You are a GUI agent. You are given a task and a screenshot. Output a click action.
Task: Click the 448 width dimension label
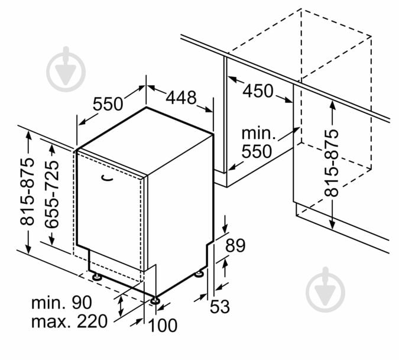181,98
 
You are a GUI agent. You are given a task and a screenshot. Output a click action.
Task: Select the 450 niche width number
258,91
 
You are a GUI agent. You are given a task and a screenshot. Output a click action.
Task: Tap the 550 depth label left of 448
108,104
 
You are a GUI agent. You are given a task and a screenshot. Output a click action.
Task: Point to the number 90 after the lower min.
82,302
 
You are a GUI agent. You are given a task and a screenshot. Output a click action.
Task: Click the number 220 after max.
92,321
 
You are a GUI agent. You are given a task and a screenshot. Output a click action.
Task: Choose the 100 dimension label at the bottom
163,325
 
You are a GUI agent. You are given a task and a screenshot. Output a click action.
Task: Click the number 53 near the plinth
220,306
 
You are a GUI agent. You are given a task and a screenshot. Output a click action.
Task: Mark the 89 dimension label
235,245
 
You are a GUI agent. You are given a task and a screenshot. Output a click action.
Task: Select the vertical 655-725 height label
52,194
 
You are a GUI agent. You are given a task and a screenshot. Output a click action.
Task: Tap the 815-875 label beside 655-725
27,192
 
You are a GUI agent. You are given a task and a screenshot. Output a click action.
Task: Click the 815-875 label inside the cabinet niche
331,163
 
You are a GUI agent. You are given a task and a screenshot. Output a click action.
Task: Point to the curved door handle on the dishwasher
107,178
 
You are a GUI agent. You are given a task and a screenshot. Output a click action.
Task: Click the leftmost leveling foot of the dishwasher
97,277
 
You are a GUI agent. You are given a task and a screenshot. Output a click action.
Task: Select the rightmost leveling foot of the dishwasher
199,274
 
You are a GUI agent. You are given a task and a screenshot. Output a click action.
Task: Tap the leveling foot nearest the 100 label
155,300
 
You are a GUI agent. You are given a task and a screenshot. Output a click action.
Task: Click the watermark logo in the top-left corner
66,69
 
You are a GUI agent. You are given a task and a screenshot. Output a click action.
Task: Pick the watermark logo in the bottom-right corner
326,290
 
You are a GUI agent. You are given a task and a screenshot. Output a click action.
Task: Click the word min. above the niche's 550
258,134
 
